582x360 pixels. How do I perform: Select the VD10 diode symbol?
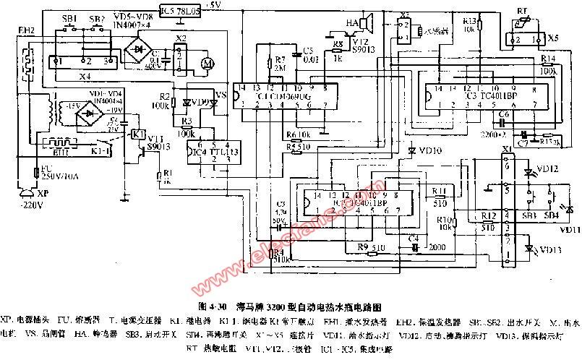(x=411, y=151)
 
